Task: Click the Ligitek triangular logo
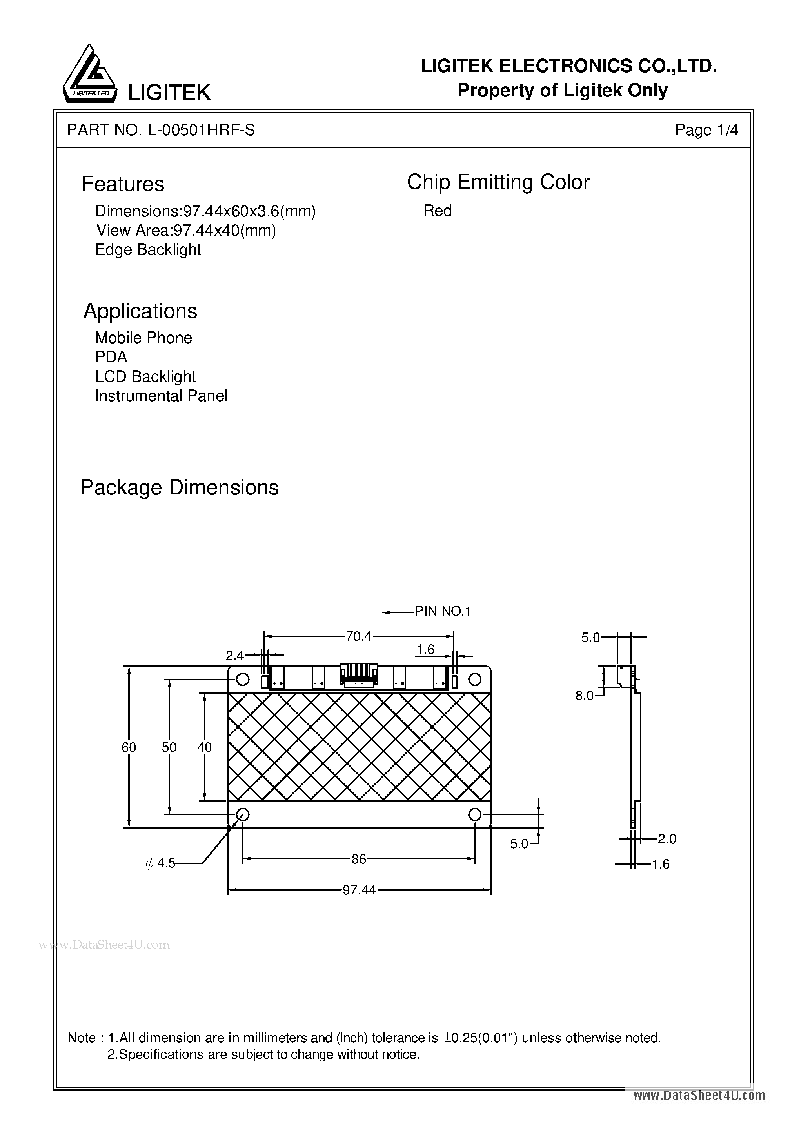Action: (x=90, y=75)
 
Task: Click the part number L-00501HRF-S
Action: (x=201, y=130)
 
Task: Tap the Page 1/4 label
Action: (x=706, y=130)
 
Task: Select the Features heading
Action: (x=123, y=184)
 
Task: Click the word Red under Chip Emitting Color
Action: (x=438, y=211)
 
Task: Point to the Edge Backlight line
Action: (x=148, y=250)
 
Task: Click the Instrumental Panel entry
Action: (x=161, y=396)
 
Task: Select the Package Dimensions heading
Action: (x=179, y=487)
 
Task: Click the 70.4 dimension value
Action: (x=359, y=636)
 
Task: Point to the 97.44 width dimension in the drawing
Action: (x=359, y=890)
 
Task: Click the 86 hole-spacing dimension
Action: (x=359, y=859)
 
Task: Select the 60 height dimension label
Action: (x=129, y=747)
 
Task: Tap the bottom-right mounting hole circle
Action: (x=475, y=815)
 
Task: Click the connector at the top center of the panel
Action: (x=359, y=675)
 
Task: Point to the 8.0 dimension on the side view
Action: (x=584, y=696)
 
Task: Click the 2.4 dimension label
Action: (x=234, y=656)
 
